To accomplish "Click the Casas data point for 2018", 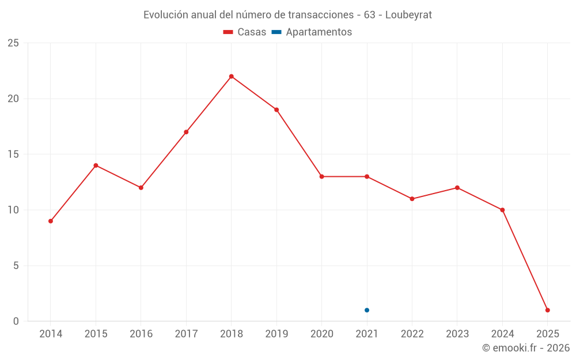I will pyautogui.click(x=231, y=76).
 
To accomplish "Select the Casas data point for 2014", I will pyautogui.click(x=51, y=221).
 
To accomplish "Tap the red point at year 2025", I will pyautogui.click(x=547, y=310).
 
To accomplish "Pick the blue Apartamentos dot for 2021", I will pyautogui.click(x=367, y=310).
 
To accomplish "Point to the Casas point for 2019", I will pyautogui.click(x=276, y=109).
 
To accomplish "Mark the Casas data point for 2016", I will pyautogui.click(x=141, y=188).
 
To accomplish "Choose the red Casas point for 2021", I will pyautogui.click(x=367, y=176).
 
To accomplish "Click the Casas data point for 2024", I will pyautogui.click(x=502, y=210).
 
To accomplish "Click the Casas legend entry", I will pyautogui.click(x=245, y=32).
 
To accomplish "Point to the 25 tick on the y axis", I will pyautogui.click(x=13, y=43).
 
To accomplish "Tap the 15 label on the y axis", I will pyautogui.click(x=13, y=154).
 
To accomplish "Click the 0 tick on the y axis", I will pyautogui.click(x=16, y=321).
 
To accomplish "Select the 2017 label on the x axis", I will pyautogui.click(x=186, y=334).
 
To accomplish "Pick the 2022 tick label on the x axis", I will pyautogui.click(x=412, y=334).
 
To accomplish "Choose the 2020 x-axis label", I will pyautogui.click(x=321, y=334).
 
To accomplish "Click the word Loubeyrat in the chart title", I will pyautogui.click(x=408, y=15).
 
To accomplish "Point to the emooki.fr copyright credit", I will pyautogui.click(x=526, y=348).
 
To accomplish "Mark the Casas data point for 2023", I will pyautogui.click(x=457, y=188).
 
